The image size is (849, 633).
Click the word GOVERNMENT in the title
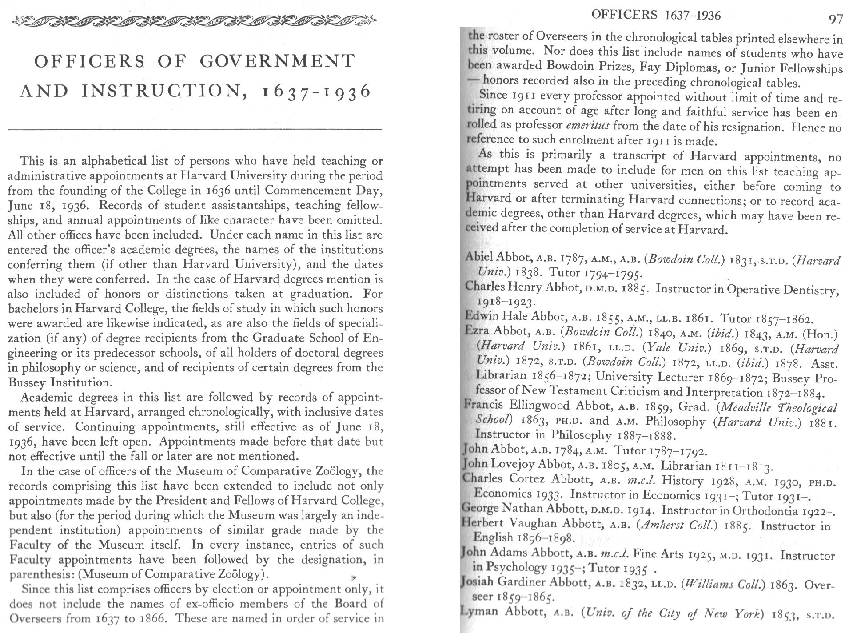click(x=278, y=61)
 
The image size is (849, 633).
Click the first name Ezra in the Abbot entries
click(x=477, y=330)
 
